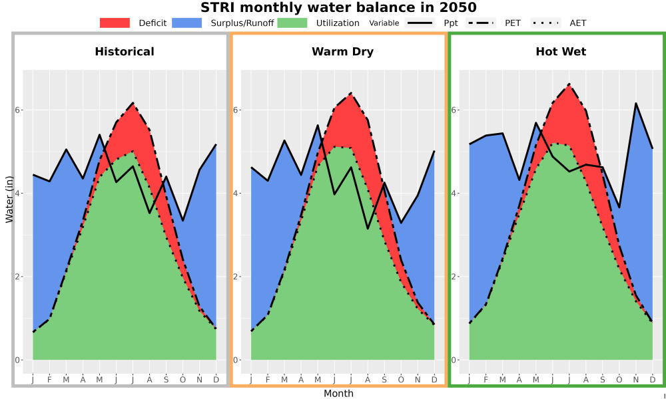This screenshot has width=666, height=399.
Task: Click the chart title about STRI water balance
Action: tap(338, 7)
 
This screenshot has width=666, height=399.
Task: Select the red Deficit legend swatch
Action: tap(115, 23)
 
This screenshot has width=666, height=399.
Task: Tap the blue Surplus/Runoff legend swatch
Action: tap(187, 23)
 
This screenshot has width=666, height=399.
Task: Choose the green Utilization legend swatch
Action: tap(292, 23)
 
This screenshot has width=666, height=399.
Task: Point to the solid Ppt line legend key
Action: tap(420, 23)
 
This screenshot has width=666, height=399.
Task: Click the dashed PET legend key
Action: tap(480, 23)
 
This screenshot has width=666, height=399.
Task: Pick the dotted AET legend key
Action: tap(545, 23)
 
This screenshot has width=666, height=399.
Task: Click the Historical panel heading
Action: tap(125, 52)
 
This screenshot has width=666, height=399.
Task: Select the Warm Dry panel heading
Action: tap(343, 52)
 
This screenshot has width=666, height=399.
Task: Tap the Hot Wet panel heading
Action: tap(561, 52)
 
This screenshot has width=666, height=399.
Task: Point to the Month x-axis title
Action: tap(338, 394)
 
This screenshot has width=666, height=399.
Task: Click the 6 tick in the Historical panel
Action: tap(18, 110)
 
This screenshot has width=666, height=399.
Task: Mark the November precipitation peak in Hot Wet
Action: tap(636, 103)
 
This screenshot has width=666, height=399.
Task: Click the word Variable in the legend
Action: tap(384, 23)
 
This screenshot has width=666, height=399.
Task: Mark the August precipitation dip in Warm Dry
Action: tap(368, 229)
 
